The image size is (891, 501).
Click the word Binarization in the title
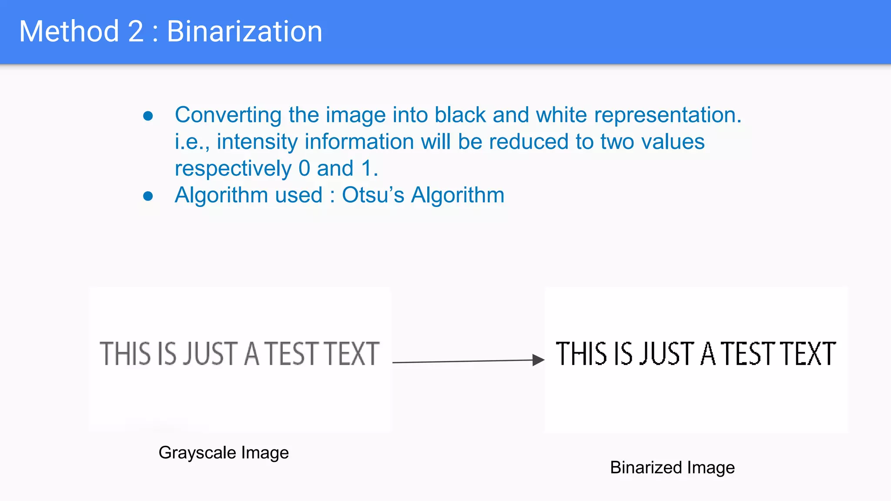coord(245,31)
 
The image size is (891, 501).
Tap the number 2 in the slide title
coord(135,31)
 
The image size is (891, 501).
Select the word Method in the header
coord(69,31)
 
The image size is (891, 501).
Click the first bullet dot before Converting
coord(148,116)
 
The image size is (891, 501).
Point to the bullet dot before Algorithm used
coord(148,196)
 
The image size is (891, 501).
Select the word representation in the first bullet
coord(667,115)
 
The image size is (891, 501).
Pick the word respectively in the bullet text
coord(233,169)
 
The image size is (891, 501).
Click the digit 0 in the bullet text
coord(304,168)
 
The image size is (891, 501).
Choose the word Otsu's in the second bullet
coord(373,195)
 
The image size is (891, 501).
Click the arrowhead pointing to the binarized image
coord(539,360)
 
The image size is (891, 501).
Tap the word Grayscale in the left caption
coord(198,453)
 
